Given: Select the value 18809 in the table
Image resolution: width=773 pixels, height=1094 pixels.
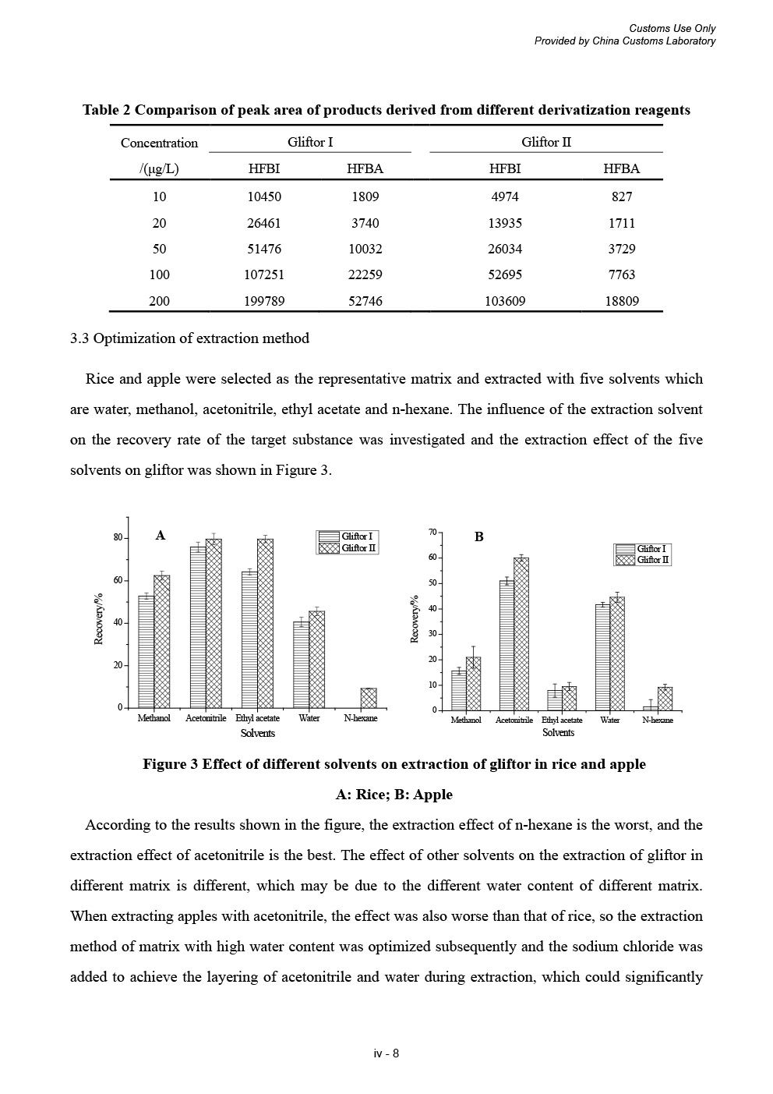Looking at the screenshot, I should point(622,301).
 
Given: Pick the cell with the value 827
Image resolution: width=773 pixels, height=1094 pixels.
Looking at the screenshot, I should point(622,197).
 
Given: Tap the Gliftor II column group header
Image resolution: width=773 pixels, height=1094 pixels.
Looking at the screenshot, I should point(545,142).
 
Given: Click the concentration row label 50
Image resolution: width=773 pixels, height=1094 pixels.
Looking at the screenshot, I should point(159,249).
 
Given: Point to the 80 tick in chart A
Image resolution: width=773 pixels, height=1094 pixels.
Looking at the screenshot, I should point(118,538).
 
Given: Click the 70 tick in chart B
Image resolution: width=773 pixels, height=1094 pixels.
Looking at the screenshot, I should point(432,532).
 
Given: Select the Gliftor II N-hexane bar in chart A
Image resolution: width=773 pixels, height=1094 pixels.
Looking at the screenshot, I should point(369,698).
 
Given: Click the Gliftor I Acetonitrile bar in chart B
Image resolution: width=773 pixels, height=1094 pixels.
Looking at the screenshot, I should point(507,646).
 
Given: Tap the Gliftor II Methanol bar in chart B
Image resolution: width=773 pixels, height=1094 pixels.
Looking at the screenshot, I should point(474,684).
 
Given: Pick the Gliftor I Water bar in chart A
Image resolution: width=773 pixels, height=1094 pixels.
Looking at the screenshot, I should point(301,664).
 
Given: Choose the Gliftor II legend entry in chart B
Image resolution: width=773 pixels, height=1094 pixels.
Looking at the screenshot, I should point(643,560).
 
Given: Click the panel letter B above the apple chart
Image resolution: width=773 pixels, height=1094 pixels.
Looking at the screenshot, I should point(479,536).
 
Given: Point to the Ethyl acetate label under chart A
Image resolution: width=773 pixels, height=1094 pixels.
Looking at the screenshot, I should point(257,718).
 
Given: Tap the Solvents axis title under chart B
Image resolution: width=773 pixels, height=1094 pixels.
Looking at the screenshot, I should point(558,733).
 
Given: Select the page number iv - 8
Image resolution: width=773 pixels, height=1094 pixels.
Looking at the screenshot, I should point(386,1053).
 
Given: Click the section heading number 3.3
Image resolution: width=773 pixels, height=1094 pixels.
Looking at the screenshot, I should point(79,338).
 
